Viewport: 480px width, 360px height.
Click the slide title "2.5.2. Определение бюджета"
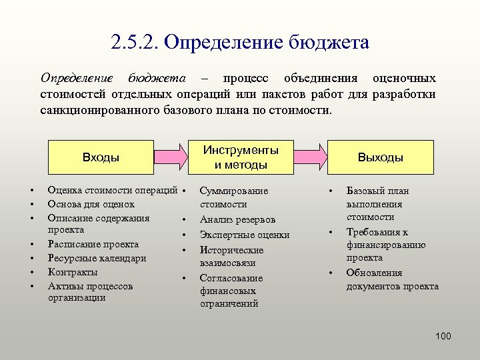(x=240, y=43)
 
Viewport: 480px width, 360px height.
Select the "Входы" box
(x=101, y=157)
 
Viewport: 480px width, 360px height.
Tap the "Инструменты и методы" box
(x=241, y=157)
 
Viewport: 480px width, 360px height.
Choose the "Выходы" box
(x=380, y=157)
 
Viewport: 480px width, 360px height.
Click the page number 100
(x=443, y=336)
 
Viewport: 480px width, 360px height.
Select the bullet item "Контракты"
(x=73, y=272)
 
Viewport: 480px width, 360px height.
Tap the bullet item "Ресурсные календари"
(x=97, y=258)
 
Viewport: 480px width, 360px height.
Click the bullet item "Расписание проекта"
(x=93, y=244)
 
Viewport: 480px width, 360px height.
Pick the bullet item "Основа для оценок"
(x=91, y=204)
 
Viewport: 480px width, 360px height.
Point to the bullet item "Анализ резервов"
(x=237, y=219)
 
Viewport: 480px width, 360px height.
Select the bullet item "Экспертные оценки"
(x=245, y=235)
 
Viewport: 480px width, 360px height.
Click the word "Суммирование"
(x=234, y=191)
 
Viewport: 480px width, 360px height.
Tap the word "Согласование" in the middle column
(x=231, y=278)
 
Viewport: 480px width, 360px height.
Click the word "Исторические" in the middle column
(x=231, y=250)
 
